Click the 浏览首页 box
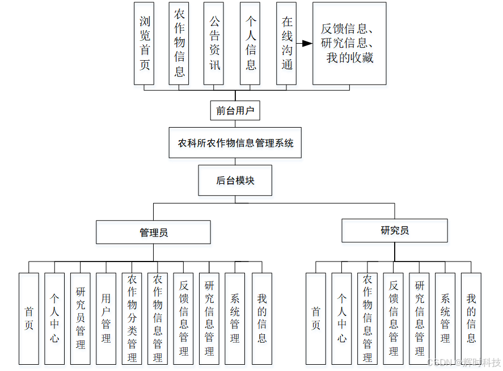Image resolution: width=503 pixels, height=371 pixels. (144, 43)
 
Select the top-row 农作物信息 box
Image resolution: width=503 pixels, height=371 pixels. (179, 43)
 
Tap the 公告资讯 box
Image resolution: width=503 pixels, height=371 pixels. (214, 43)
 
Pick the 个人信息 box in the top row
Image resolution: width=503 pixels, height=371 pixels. (250, 43)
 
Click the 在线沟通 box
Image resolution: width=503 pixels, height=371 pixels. (286, 43)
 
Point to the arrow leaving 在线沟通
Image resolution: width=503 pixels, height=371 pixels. (305, 43)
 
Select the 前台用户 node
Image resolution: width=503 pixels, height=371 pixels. (235, 111)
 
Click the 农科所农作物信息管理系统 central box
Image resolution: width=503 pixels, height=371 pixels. (235, 142)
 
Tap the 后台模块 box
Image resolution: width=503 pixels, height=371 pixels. (235, 180)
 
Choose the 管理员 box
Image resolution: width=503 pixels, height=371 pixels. (153, 232)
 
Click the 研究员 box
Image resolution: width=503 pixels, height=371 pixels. (394, 230)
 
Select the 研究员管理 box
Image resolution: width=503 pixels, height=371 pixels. (81, 318)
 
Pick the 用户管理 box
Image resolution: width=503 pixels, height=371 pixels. (106, 318)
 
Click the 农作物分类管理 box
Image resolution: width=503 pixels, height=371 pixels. (132, 318)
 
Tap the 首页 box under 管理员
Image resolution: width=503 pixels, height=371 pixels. (29, 318)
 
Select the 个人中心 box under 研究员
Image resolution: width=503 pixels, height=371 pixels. (341, 318)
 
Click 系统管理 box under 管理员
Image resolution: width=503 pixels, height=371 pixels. (235, 318)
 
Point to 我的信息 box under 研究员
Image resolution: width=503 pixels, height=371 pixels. (471, 318)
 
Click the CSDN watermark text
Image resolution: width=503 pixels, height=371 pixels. (464, 362)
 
